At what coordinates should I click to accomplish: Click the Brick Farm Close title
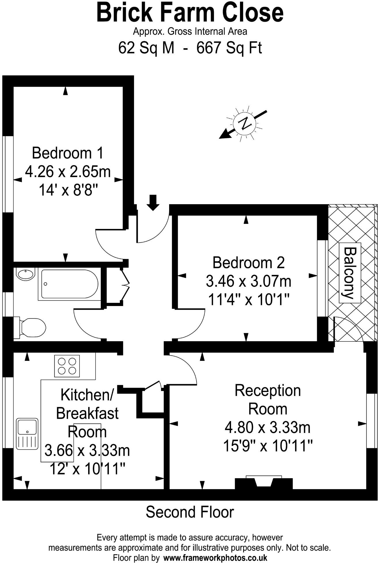point(190,13)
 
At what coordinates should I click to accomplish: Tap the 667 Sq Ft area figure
point(229,48)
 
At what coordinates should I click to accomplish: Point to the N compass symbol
point(244,124)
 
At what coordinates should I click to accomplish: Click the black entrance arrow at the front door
point(153,202)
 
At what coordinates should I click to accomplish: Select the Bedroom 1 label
point(67,153)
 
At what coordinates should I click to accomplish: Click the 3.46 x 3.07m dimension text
point(248,281)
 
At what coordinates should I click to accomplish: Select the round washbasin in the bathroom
point(25,273)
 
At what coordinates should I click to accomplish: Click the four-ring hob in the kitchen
point(67,366)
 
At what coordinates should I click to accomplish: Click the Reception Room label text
point(268,400)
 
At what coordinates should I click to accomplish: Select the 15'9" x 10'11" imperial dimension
point(268,446)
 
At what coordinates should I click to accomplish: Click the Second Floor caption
point(190,512)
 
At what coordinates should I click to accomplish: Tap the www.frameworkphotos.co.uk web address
point(215,558)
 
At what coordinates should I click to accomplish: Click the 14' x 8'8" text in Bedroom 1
point(68,190)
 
